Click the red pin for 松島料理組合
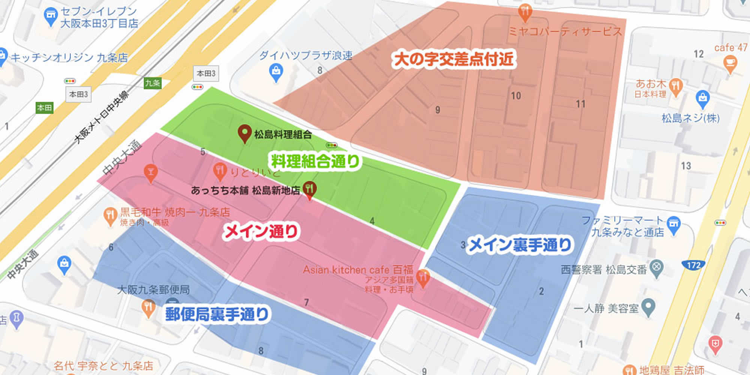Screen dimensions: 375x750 (244, 133)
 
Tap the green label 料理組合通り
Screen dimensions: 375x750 (315, 162)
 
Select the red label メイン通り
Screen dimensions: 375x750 (261, 231)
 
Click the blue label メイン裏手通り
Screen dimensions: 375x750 (520, 245)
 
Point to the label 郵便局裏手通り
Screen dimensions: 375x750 (217, 314)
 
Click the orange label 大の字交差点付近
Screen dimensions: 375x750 (453, 59)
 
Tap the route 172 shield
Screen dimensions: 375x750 (693, 265)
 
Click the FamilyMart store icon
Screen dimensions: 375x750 (674, 223)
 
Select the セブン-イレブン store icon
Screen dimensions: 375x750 (51, 16)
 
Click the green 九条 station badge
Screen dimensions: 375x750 (153, 83)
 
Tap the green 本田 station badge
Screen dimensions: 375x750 (45, 108)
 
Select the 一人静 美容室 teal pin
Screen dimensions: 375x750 (648, 307)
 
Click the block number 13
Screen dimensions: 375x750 (686, 166)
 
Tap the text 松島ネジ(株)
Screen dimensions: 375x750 (690, 118)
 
